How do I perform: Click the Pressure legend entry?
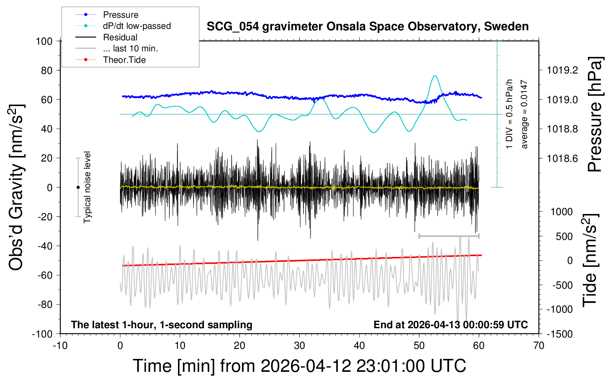coord(120,15)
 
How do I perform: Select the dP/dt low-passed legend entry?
coord(137,26)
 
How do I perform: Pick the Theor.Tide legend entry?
coord(124,60)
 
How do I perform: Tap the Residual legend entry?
coord(120,37)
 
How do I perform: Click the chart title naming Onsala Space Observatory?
coord(367,27)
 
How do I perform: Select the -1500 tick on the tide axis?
coord(559,334)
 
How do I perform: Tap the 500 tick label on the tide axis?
coord(564,237)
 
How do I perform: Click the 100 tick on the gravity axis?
coord(44,41)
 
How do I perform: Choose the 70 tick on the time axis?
coord(539,346)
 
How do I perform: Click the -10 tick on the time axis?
coord(60,346)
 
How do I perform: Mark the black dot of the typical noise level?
coord(78,187)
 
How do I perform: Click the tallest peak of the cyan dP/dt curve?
coord(435,76)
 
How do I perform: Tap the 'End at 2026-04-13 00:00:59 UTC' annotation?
coord(451,325)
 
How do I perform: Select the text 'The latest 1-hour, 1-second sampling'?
coord(161,325)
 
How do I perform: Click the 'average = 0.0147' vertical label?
coord(524,115)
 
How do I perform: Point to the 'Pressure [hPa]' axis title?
coord(595,115)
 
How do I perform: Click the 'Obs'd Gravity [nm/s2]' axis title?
coord(17,187)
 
